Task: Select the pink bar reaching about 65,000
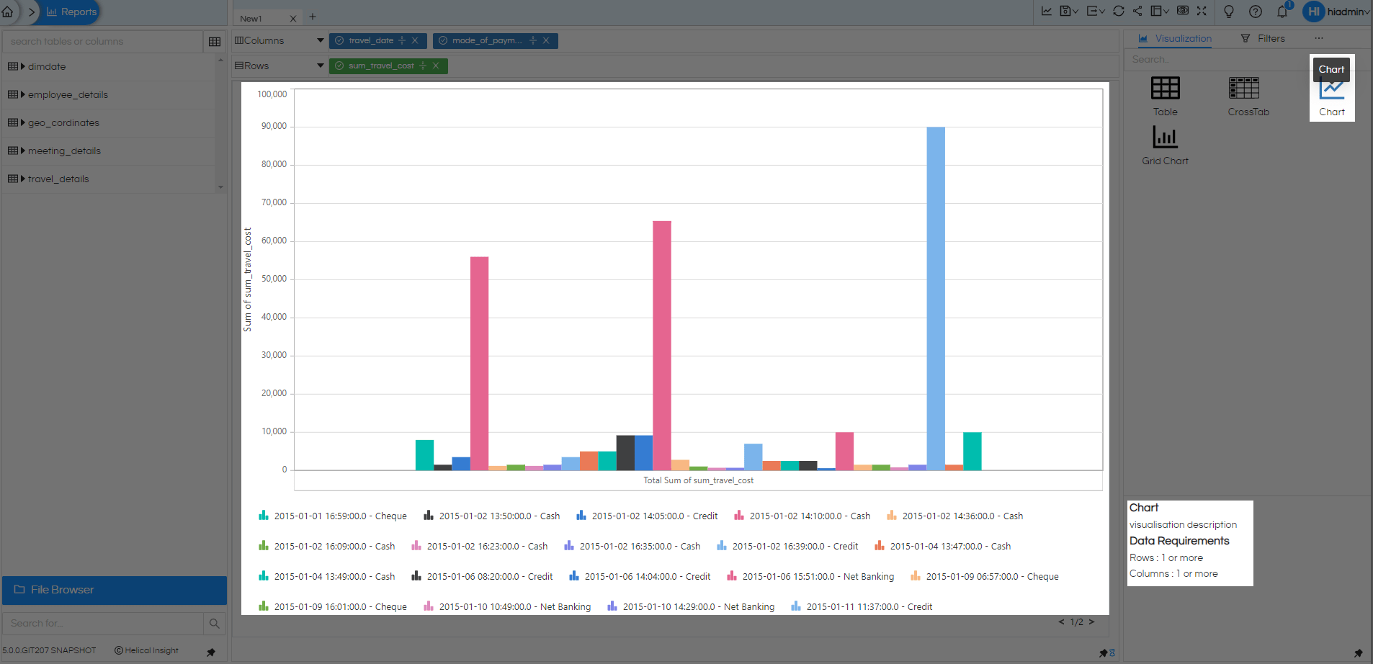pos(661,346)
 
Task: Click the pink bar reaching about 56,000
pos(479,364)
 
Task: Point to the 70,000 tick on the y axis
pos(274,202)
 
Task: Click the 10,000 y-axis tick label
pos(274,431)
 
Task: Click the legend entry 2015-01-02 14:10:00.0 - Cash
pos(802,516)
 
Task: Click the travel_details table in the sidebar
pos(58,179)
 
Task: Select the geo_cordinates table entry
pos(63,123)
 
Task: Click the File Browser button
pos(115,590)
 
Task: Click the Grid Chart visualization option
pos(1165,145)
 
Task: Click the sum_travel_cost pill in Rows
pos(380,66)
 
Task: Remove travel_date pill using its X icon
pos(415,41)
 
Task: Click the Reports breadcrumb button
pos(71,12)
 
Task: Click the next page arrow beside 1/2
pos(1091,622)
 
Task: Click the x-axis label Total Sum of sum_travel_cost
pos(698,480)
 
